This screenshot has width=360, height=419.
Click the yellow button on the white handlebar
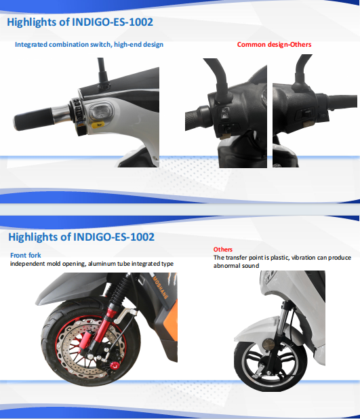pyautogui.click(x=98, y=124)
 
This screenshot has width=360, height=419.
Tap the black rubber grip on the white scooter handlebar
pyautogui.click(x=33, y=119)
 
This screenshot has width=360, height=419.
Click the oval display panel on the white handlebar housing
pyautogui.click(x=99, y=112)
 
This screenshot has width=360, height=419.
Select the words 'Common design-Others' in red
pyautogui.click(x=274, y=44)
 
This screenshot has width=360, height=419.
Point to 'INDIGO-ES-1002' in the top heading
pyautogui.click(x=113, y=22)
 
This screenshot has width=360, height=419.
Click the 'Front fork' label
pyautogui.click(x=26, y=255)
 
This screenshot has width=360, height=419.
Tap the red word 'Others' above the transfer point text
pyautogui.click(x=223, y=250)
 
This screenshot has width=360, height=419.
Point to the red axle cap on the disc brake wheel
pyautogui.click(x=114, y=365)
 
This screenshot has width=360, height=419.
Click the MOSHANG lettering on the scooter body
pyautogui.click(x=160, y=287)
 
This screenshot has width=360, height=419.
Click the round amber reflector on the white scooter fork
pyautogui.click(x=268, y=344)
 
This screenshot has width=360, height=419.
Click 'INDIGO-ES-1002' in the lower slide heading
pyautogui.click(x=114, y=237)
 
